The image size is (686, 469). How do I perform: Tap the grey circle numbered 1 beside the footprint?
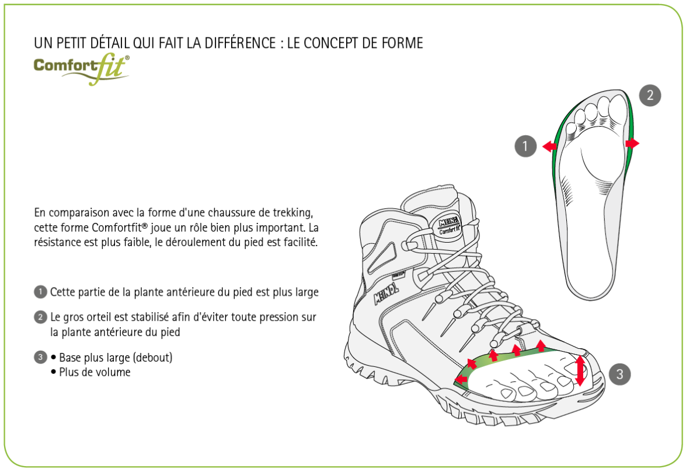525,146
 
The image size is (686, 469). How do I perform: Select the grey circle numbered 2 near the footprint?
650,95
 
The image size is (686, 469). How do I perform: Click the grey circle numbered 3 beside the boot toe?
619,374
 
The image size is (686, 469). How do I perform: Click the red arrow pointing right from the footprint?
632,143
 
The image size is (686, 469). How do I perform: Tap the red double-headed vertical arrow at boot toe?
580,370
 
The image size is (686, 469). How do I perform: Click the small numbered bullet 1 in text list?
40,292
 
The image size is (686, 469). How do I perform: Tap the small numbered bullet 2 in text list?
40,317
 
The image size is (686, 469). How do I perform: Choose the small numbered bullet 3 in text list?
40,358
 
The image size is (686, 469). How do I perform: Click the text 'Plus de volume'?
95,372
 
